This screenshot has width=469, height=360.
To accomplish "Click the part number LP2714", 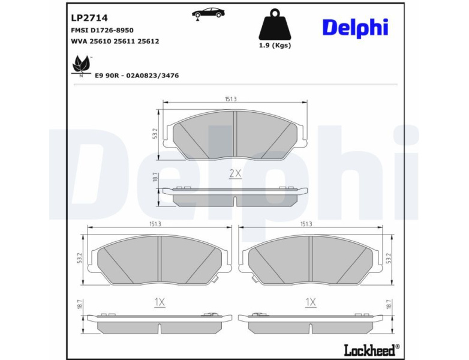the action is tap(89, 18).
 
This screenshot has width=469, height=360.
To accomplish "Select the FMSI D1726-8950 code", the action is tap(103, 30).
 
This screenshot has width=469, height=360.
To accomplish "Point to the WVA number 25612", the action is tap(148, 41).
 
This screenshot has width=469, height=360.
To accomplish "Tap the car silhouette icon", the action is tap(208, 14).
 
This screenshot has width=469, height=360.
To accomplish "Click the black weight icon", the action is tap(275, 25).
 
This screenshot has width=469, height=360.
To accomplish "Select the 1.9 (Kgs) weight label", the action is tap(275, 46).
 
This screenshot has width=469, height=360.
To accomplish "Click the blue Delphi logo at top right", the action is tap(355, 28).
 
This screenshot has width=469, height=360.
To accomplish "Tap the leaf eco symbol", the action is tap(82, 65).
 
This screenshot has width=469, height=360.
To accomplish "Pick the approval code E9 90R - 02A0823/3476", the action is tap(137, 76).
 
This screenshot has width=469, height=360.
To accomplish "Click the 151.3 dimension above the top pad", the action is tap(231, 100).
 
